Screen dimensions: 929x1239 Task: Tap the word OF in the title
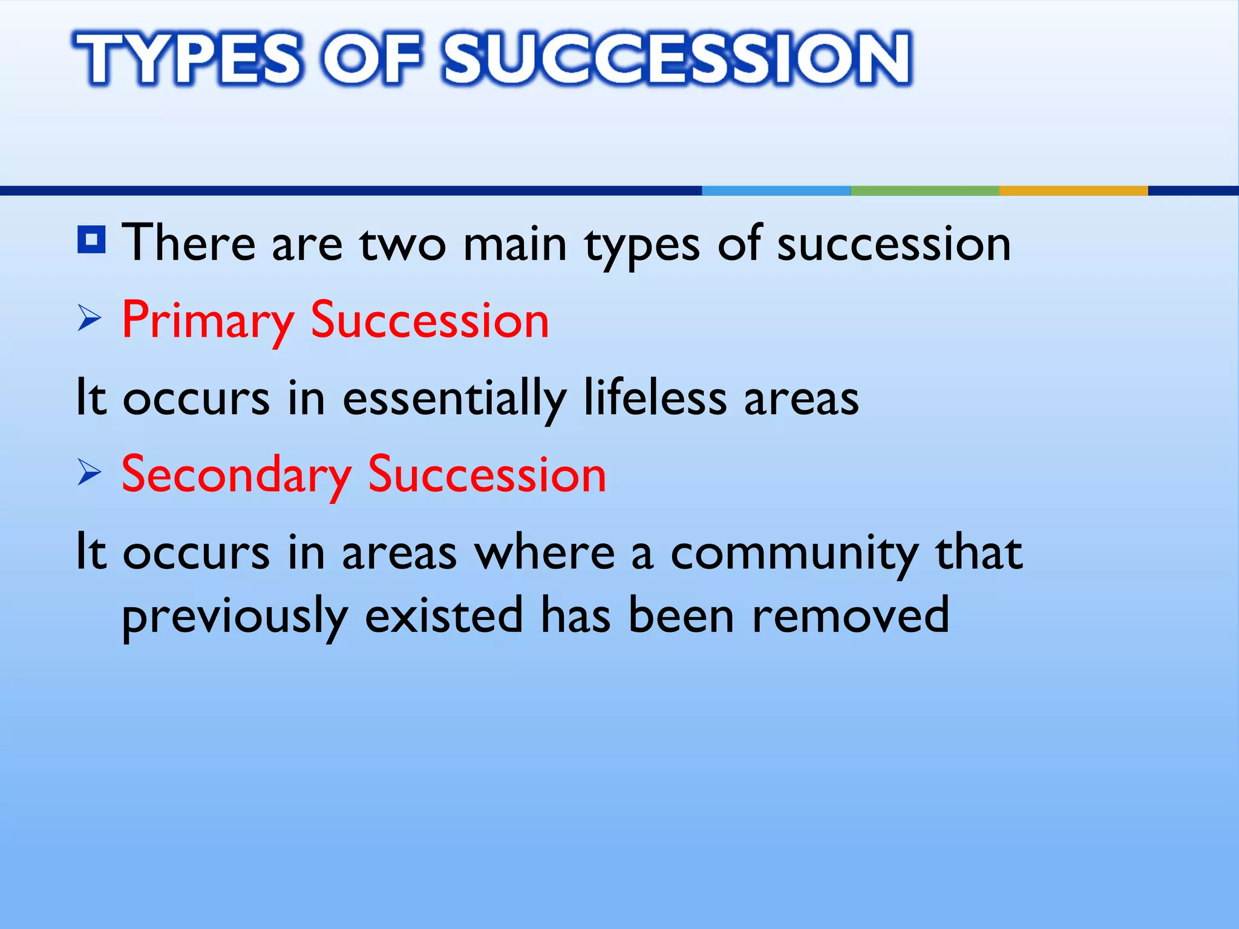pos(370,58)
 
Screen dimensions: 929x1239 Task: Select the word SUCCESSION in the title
pos(676,58)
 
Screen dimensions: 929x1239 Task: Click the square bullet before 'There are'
pos(92,240)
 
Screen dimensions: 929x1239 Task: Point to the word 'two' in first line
pos(402,244)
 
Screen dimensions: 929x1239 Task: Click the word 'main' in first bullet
pos(515,244)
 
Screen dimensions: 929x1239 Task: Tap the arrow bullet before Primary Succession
pos(89,319)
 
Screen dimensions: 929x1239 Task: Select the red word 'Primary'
pos(208,321)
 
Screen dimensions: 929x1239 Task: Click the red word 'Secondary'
pos(236,475)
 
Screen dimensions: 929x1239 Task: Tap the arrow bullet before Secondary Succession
pos(89,473)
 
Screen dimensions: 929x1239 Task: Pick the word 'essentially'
pos(454,399)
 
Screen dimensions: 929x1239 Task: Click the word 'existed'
pos(443,615)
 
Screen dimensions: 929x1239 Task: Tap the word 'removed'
pos(850,615)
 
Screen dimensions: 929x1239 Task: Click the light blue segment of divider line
pos(776,191)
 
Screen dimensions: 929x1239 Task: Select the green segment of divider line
pos(924,191)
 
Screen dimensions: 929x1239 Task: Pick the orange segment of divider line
pos(1073,191)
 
